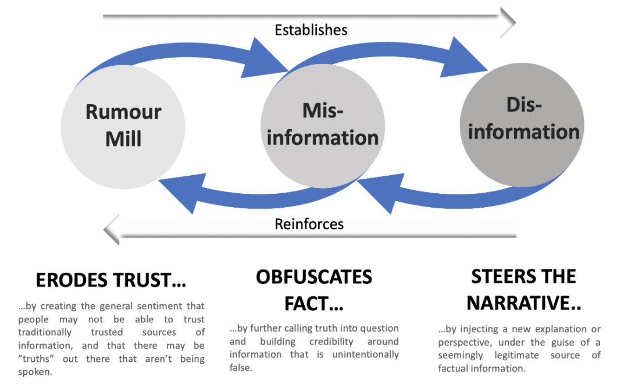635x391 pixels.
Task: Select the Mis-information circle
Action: pos(323,125)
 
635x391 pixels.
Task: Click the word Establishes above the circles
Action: pos(311,30)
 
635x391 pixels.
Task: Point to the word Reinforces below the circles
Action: pos(309,223)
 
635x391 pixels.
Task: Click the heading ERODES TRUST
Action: pos(110,280)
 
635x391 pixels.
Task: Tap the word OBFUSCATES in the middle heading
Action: pos(314,277)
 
